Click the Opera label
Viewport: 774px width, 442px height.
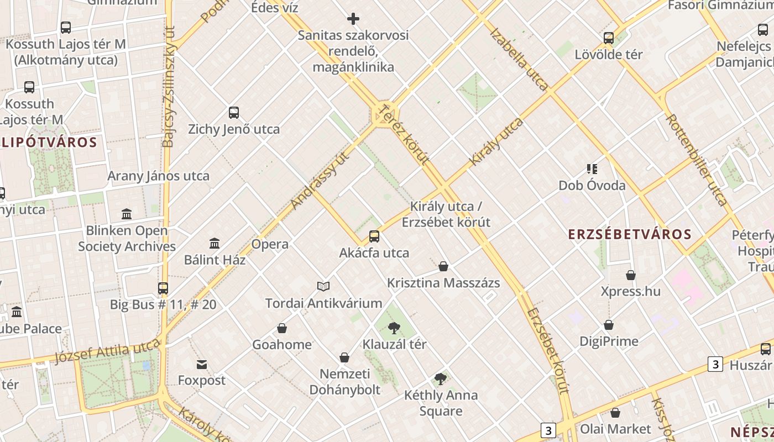[x=270, y=244]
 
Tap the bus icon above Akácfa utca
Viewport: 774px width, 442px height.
[x=374, y=236]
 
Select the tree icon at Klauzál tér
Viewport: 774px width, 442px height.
[x=394, y=328]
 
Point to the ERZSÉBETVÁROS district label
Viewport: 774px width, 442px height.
[x=630, y=234]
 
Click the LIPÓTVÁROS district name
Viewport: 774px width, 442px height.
[x=49, y=143]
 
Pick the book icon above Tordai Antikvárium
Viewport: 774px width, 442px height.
[x=323, y=286]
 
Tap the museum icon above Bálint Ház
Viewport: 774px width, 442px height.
[x=215, y=243]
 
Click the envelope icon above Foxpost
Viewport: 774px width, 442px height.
[x=202, y=364]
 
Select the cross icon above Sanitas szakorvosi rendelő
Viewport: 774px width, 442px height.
[x=353, y=19]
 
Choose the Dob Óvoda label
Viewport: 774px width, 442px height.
[x=592, y=186]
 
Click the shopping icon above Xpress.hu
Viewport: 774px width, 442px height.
[x=631, y=275]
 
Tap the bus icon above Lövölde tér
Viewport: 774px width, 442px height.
[x=609, y=38]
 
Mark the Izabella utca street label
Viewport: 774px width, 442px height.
[x=519, y=59]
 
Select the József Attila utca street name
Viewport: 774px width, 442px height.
[x=107, y=352]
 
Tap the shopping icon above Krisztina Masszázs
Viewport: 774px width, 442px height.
[x=443, y=267]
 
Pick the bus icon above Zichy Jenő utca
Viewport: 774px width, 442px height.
[x=234, y=113]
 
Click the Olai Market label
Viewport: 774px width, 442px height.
[x=615, y=429]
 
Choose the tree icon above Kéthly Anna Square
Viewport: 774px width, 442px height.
[x=441, y=379]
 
